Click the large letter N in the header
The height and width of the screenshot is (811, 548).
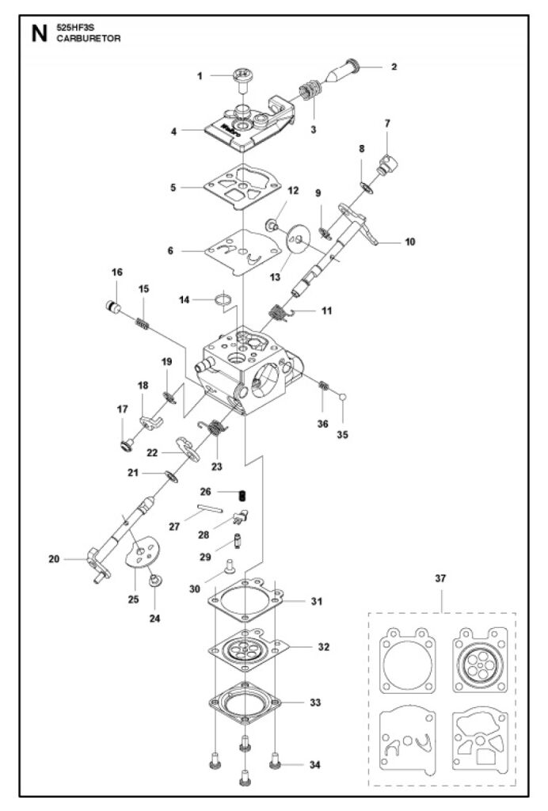click(40, 33)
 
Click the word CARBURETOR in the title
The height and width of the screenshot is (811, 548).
click(89, 38)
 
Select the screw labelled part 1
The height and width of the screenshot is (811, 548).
click(241, 80)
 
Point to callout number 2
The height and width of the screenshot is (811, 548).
click(394, 67)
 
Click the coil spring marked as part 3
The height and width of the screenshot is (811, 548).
click(310, 91)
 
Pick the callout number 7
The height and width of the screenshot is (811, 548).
click(387, 123)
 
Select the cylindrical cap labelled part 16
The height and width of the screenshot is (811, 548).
click(112, 307)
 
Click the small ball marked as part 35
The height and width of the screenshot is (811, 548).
click(342, 397)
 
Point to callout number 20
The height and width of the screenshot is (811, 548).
click(54, 558)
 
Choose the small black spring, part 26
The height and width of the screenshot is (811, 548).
click(242, 495)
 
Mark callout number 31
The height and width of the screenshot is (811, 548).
click(317, 601)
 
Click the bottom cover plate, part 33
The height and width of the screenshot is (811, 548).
click(245, 702)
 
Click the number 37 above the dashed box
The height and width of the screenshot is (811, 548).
click(440, 577)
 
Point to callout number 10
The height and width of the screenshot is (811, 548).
click(410, 242)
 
